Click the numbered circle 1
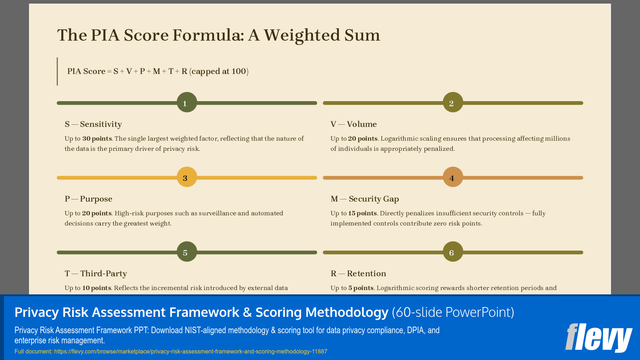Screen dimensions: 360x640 (187, 103)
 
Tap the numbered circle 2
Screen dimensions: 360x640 (453, 103)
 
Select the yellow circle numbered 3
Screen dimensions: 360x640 (187, 177)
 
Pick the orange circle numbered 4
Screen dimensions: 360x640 (453, 177)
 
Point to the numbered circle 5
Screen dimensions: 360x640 (187, 252)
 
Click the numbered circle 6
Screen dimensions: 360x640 (453, 252)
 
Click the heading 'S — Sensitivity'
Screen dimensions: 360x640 (93, 124)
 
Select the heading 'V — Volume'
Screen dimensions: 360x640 (353, 124)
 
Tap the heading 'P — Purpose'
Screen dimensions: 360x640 (89, 199)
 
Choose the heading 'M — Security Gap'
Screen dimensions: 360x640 (365, 199)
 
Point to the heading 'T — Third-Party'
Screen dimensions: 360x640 (96, 274)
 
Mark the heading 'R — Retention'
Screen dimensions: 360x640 (358, 274)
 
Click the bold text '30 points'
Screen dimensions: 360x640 (97, 138)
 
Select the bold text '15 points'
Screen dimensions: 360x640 (362, 213)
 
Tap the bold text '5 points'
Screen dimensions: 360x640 (361, 288)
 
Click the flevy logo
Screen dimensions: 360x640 (599, 338)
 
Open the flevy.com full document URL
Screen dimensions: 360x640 (190, 351)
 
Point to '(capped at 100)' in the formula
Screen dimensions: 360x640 (219, 71)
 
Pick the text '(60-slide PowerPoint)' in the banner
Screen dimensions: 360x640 (453, 312)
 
